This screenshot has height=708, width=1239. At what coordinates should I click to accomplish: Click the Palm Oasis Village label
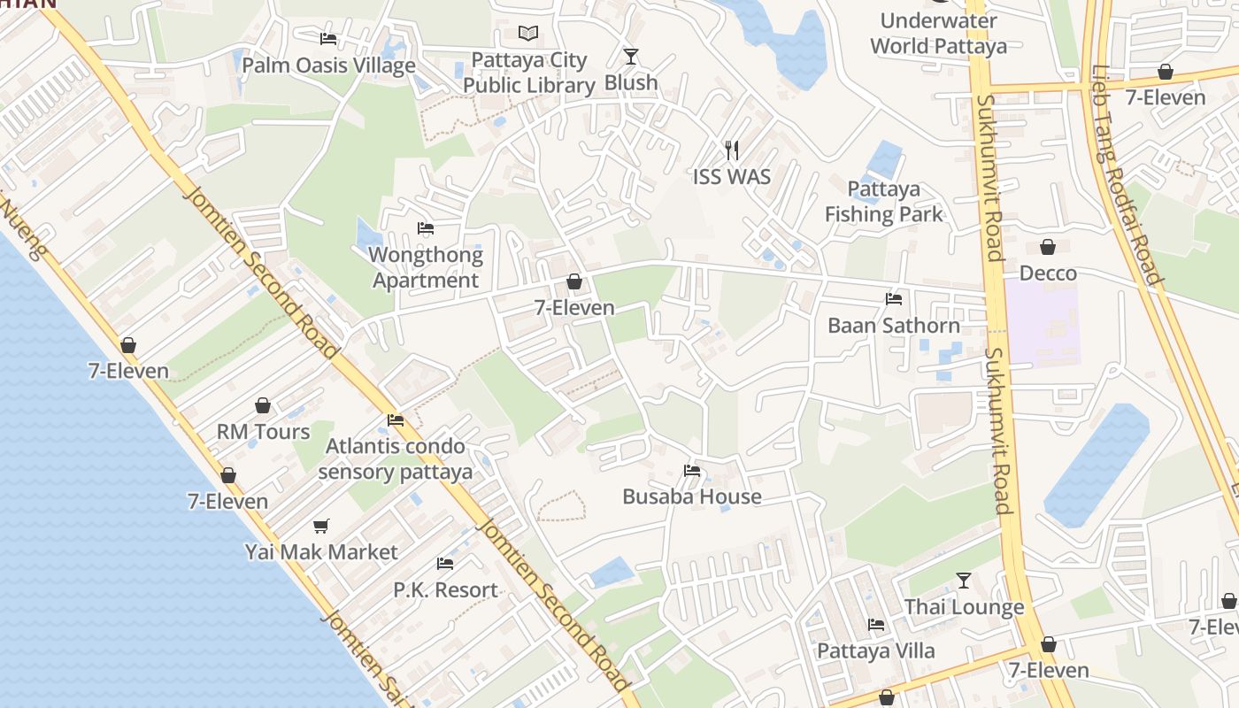point(328,65)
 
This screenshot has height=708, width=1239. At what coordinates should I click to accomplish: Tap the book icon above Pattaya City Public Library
point(528,34)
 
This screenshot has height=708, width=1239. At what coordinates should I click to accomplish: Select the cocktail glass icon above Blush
point(630,57)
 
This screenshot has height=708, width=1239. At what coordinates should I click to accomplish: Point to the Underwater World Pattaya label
point(938,34)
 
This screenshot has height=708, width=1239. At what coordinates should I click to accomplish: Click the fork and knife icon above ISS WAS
point(731,150)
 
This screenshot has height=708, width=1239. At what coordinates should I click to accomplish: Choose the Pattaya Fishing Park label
point(883,202)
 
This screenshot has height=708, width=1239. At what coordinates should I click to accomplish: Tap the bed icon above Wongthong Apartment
point(426,228)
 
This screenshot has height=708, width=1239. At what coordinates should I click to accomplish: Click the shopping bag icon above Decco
point(1048,247)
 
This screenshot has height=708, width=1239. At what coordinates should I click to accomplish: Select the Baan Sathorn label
point(893,326)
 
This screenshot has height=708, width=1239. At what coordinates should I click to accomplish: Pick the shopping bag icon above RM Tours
point(263,405)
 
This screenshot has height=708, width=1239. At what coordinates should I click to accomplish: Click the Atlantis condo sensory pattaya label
point(396,458)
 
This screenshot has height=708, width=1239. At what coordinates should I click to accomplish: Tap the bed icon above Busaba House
point(692,471)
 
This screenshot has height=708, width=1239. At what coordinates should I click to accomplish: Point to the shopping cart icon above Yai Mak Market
point(321,526)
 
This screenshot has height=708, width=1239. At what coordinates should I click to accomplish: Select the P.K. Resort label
point(445,589)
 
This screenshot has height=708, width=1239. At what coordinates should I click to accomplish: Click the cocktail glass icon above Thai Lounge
point(964,581)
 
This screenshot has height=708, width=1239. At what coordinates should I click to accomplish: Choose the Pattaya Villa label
point(875,651)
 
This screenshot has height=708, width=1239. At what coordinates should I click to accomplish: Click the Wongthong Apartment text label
point(426,268)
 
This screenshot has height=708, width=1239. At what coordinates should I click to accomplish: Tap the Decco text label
point(1048,273)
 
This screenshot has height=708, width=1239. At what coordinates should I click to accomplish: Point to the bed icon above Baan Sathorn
point(894,299)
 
